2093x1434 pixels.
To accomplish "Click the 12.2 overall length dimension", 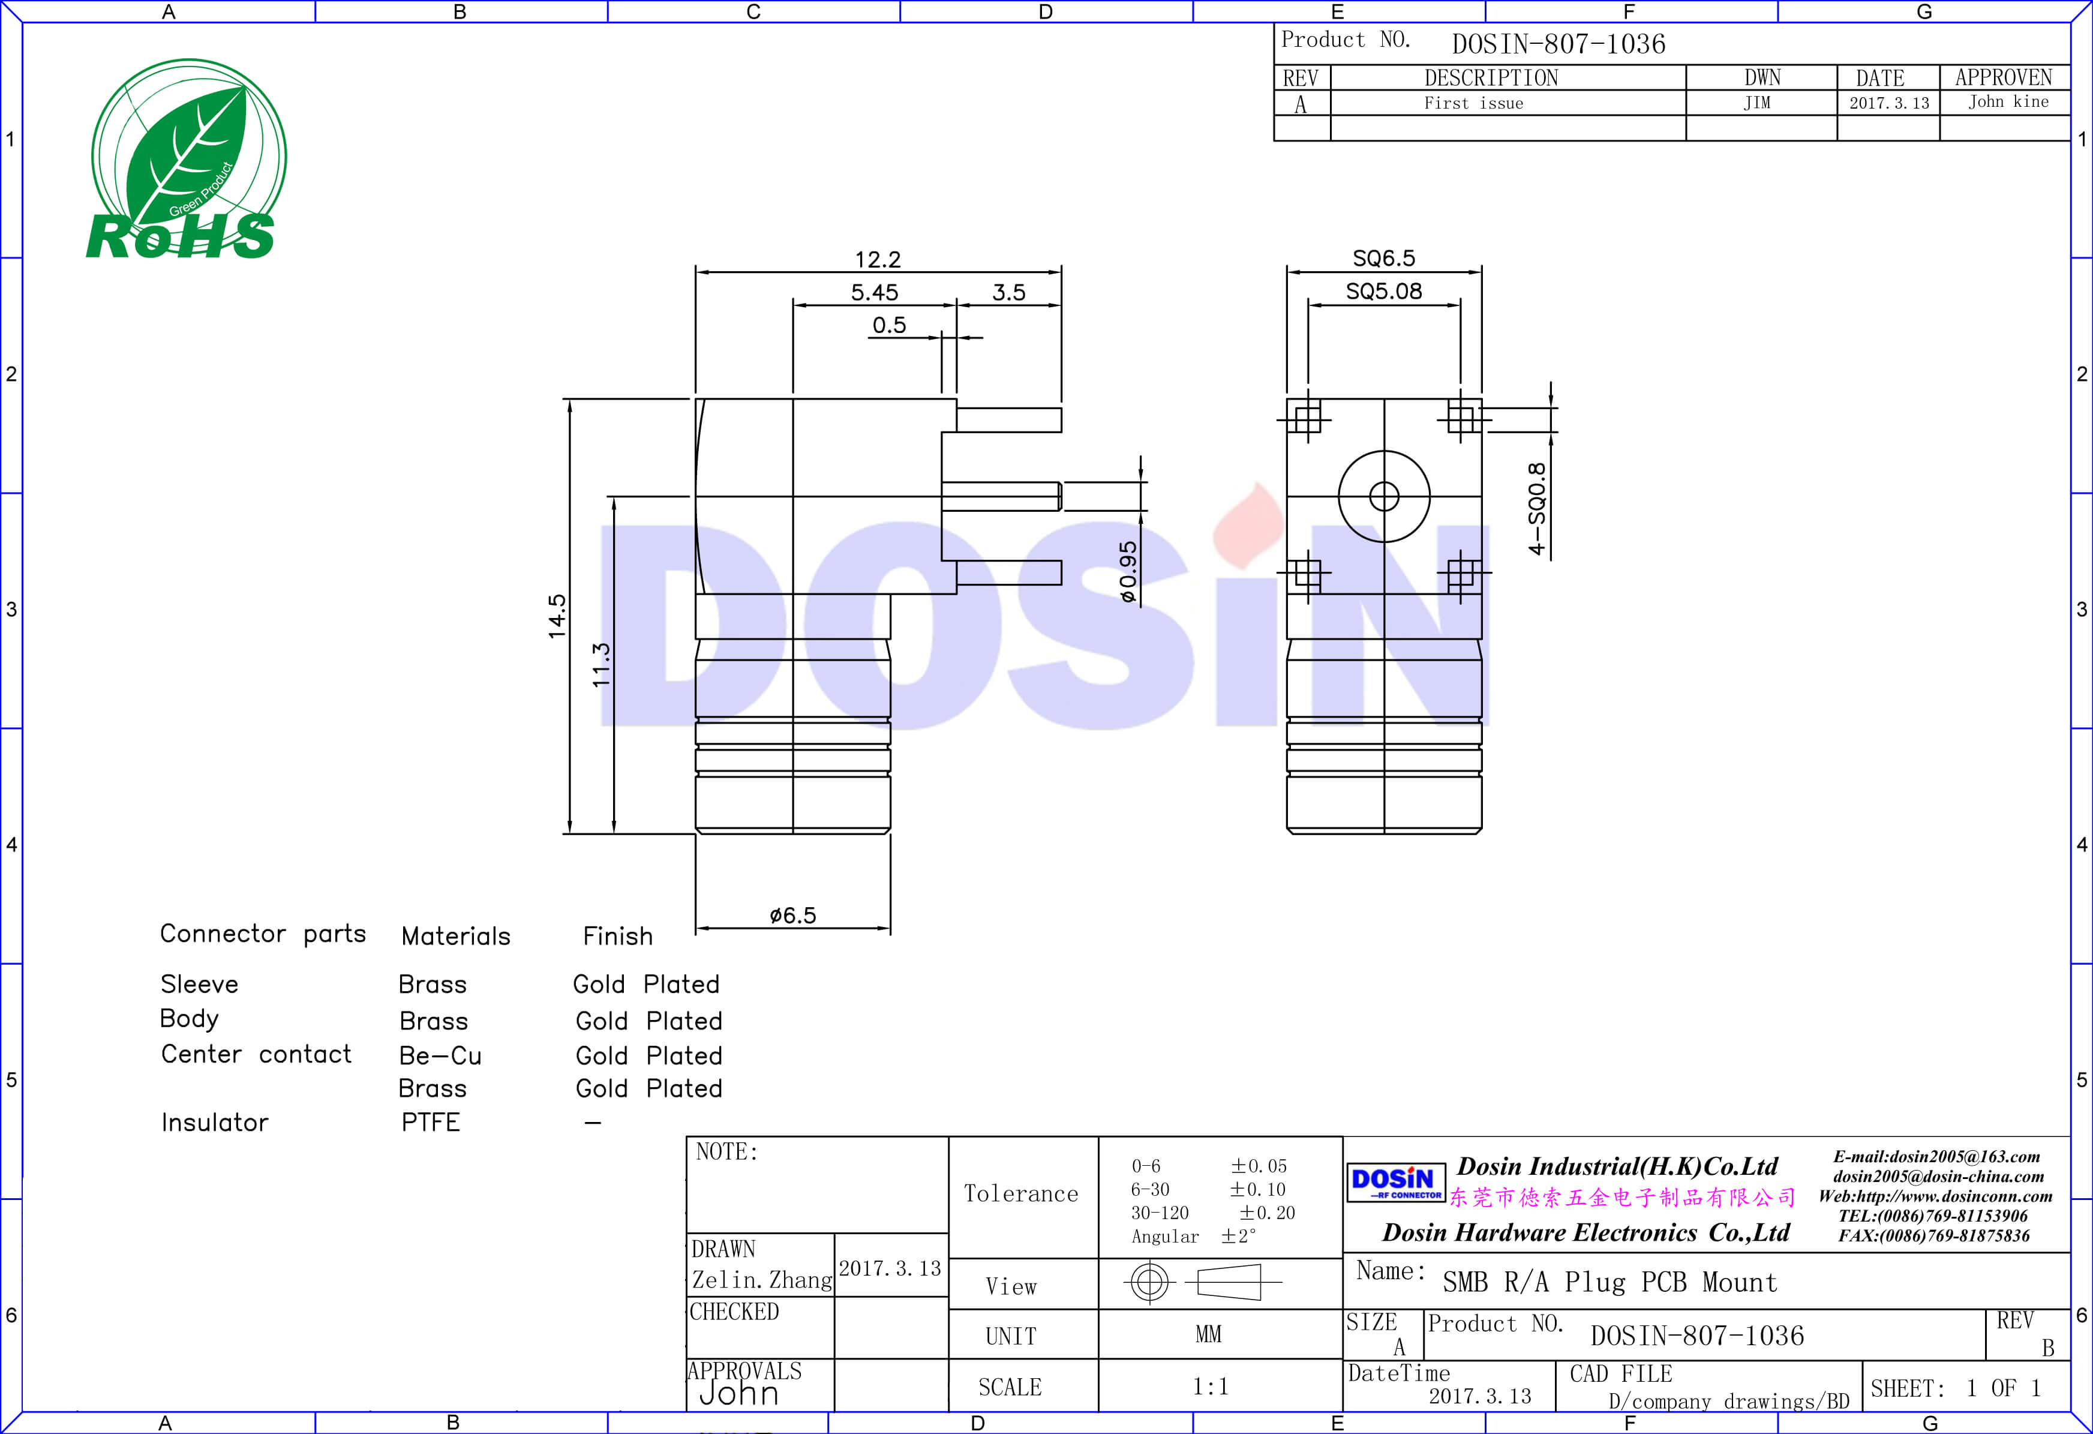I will coord(877,259).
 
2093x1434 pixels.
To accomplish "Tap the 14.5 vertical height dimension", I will coord(557,616).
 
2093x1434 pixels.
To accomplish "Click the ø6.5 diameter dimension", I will coord(792,915).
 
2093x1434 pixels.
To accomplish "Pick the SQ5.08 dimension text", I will coord(1383,291).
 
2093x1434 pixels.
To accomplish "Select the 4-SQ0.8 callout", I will coord(1536,508).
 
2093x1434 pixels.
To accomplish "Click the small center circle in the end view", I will coord(1383,496).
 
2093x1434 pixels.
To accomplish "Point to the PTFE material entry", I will coord(431,1123).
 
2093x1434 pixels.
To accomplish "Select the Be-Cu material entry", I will coord(440,1055).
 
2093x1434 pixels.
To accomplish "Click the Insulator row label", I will coord(214,1123).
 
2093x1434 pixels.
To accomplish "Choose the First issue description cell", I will coord(1473,104).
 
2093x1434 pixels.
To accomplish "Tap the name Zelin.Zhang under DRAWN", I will coord(761,1280).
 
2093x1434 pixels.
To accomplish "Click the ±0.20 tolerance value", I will coord(1267,1213).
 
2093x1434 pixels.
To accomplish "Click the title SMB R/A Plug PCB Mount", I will coord(1609,1282).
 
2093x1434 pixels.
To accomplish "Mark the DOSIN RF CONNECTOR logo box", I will coord(1395,1183).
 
